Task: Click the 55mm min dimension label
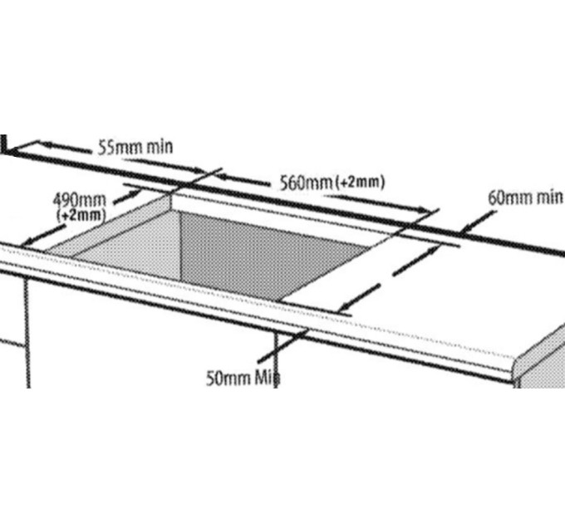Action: [135, 147]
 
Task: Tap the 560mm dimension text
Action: [307, 183]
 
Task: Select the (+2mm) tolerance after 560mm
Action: [360, 182]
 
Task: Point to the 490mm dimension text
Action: [80, 200]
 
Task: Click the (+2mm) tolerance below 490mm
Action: [81, 215]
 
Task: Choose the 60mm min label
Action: [526, 198]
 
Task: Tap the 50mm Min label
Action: [243, 378]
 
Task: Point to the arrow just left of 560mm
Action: [243, 180]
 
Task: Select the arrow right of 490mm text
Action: [127, 197]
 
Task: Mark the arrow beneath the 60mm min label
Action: [478, 222]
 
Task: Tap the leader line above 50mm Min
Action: [282, 345]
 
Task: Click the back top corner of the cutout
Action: [170, 194]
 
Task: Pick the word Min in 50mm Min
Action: [268, 378]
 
